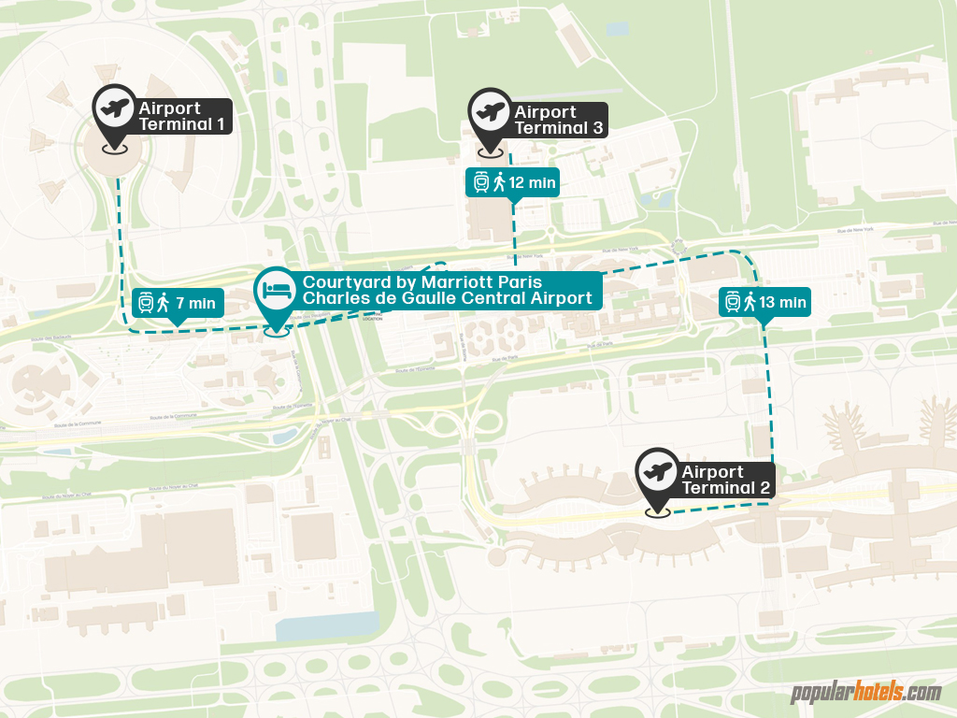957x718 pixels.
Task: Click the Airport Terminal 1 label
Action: click(180, 116)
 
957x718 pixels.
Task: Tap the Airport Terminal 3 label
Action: click(558, 120)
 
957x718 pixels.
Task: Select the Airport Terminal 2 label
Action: click(724, 480)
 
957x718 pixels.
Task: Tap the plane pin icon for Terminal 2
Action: click(658, 473)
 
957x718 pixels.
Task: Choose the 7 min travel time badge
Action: click(177, 302)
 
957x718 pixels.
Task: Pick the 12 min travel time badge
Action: click(512, 182)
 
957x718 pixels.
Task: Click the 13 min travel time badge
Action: click(764, 302)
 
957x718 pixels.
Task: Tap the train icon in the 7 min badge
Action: click(146, 302)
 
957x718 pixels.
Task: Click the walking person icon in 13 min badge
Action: click(750, 302)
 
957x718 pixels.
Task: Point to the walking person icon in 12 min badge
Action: click(499, 182)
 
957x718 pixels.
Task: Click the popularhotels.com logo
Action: click(865, 693)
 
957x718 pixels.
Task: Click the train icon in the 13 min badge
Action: click(733, 302)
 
